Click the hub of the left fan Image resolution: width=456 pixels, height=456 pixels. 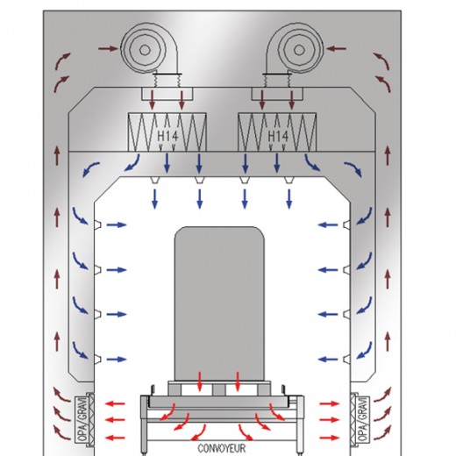pyautogui.click(x=145, y=50)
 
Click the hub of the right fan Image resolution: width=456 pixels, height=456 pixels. pyautogui.click(x=298, y=50)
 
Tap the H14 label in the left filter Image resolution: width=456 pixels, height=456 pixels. pyautogui.click(x=167, y=136)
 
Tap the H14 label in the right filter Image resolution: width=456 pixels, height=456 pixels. pyautogui.click(x=278, y=136)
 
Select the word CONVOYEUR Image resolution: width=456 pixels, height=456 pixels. pyautogui.click(x=222, y=448)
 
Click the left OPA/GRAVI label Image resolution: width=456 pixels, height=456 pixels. pyautogui.click(x=82, y=420)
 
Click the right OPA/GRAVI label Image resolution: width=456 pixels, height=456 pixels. pyautogui.click(x=362, y=420)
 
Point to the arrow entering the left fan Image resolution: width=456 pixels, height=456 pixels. pyautogui.click(x=108, y=49)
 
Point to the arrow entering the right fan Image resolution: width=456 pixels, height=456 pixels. pyautogui.click(x=336, y=49)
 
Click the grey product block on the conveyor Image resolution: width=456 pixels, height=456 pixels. pyautogui.click(x=219, y=303)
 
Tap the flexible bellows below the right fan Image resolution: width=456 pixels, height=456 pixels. pyautogui.click(x=277, y=80)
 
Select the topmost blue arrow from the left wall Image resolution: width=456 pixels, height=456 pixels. pyautogui.click(x=117, y=224)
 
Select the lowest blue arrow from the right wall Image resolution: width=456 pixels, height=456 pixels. pyautogui.click(x=328, y=360)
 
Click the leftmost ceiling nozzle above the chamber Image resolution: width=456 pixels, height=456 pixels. pyautogui.click(x=154, y=180)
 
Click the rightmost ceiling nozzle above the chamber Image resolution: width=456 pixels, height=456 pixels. pyautogui.click(x=289, y=180)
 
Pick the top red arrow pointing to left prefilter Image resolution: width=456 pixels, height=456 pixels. pyautogui.click(x=115, y=404)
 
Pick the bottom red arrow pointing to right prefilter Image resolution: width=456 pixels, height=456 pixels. pyautogui.click(x=330, y=438)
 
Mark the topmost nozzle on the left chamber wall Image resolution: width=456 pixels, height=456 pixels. pyautogui.click(x=97, y=224)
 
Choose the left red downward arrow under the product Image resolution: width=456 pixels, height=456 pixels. pyautogui.click(x=200, y=381)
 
